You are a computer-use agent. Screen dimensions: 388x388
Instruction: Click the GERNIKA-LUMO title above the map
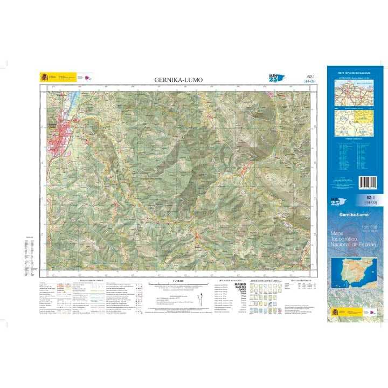(178, 80)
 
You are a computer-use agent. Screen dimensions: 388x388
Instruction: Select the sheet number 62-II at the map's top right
(309, 78)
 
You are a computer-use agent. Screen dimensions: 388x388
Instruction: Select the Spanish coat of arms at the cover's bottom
(335, 311)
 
